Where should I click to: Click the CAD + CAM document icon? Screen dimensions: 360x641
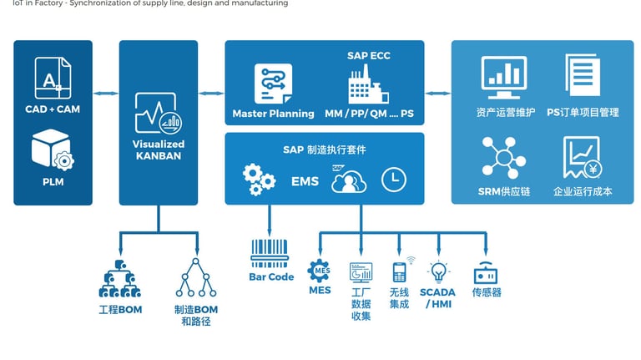[x=52, y=78]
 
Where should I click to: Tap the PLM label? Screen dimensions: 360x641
[x=53, y=181]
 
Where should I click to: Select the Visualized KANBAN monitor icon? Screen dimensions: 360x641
[x=158, y=114]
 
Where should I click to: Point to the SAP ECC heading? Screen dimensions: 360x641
[x=368, y=56]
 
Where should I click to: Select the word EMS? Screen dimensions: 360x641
[x=305, y=180]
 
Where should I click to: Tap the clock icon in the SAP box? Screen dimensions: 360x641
[x=394, y=179]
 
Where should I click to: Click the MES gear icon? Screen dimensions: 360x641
[x=319, y=271]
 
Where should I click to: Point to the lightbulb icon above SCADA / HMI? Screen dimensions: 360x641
[x=438, y=271]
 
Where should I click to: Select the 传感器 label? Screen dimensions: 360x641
[x=486, y=292]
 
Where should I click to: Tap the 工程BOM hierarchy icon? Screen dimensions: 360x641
[x=119, y=279]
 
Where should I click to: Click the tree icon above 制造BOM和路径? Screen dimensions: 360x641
[x=196, y=278]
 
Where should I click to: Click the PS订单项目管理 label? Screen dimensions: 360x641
[x=583, y=112]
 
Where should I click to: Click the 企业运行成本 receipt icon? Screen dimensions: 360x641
[x=582, y=158]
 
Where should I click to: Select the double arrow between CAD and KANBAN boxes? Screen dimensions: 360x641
[x=105, y=93]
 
